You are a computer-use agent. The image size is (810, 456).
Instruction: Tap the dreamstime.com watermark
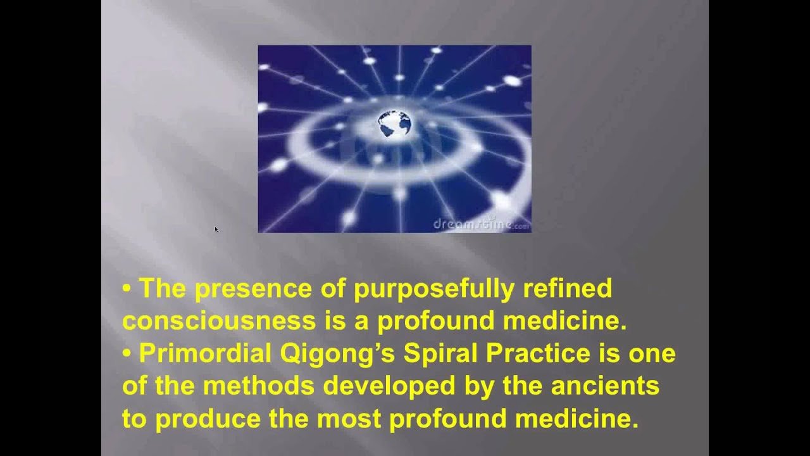[482, 224]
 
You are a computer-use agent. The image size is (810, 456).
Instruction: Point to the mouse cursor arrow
[216, 229]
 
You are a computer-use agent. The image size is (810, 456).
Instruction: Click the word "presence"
[253, 289]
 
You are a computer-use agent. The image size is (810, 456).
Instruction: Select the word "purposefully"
[434, 289]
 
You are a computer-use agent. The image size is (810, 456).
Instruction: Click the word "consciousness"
[219, 321]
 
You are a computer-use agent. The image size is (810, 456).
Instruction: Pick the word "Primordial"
[205, 353]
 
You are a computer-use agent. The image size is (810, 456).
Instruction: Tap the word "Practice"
[538, 353]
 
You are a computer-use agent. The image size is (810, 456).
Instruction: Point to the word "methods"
[259, 386]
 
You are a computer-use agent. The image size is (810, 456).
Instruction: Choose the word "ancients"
[605, 386]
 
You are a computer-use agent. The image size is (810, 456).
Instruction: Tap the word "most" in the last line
[349, 419]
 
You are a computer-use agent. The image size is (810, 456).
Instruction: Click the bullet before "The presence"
[127, 289]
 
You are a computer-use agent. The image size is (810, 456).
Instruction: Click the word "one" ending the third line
[652, 354]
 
